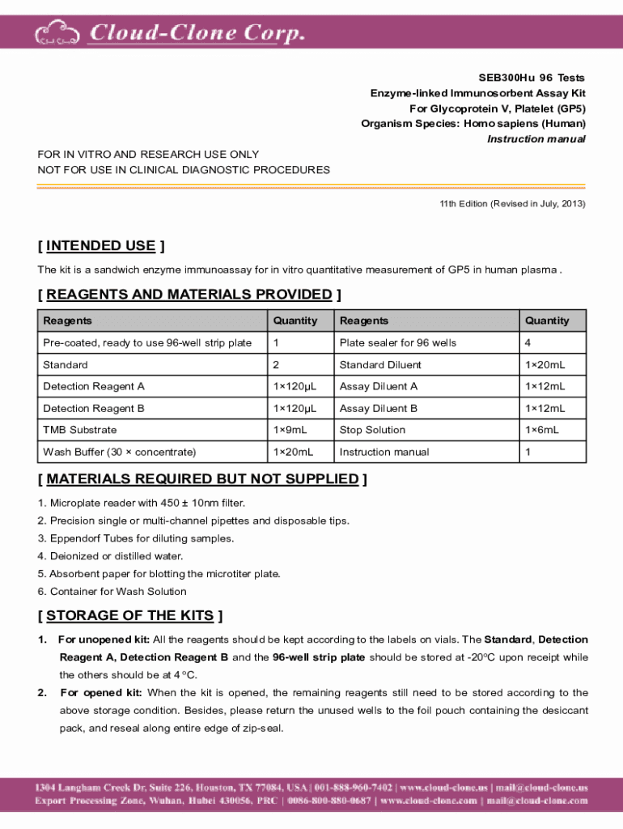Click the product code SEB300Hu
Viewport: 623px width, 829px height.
coord(502,78)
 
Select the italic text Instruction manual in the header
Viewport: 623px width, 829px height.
coord(536,139)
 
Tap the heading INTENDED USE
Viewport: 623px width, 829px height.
coord(101,246)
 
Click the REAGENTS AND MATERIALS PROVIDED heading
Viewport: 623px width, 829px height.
coord(189,295)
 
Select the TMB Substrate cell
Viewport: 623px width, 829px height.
coord(80,430)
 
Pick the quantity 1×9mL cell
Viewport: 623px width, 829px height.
coord(290,430)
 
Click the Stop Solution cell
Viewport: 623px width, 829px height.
coord(372,430)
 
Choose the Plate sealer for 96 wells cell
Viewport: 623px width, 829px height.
coord(398,342)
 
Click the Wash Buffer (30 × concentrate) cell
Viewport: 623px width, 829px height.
coord(120,452)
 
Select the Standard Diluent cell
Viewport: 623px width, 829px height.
coord(380,364)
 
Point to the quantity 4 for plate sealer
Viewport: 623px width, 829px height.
coord(528,342)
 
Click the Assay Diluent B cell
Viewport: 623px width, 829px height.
coord(379,408)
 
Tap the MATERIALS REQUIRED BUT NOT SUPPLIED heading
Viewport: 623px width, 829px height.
coord(202,479)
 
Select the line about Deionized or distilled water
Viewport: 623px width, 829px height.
coord(110,556)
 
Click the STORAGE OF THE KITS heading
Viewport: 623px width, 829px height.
coord(130,616)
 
